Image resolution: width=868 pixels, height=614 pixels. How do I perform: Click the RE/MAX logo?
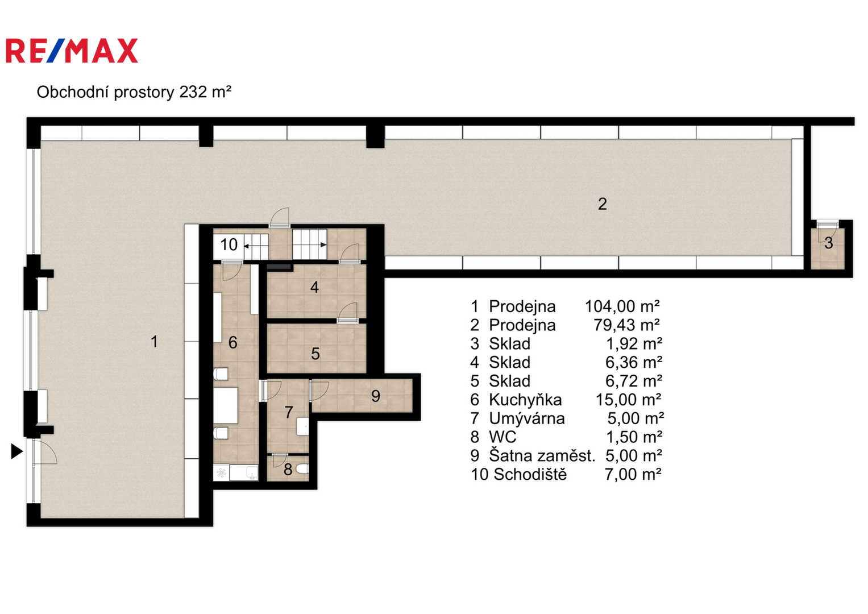click(72, 51)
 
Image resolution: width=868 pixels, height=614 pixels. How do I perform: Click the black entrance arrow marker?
click(16, 451)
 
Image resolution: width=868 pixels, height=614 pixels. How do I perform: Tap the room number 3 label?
click(828, 243)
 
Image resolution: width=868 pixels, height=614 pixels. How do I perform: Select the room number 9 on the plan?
click(376, 396)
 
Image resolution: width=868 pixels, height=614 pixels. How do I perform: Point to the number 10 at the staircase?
click(229, 244)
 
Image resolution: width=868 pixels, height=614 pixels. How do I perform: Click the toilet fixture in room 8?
click(302, 470)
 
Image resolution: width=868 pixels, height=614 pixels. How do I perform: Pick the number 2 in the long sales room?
click(602, 204)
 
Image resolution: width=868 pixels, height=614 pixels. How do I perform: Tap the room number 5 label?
click(315, 354)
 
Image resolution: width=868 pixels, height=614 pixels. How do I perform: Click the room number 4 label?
click(315, 287)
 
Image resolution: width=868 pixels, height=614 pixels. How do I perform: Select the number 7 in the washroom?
click(289, 412)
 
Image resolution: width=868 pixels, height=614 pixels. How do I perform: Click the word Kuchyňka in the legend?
click(525, 400)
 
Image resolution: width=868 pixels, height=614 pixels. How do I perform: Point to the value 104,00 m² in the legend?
click(622, 306)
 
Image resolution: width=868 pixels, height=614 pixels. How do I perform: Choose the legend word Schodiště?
click(530, 474)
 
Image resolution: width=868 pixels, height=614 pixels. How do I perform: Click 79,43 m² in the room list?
click(626, 325)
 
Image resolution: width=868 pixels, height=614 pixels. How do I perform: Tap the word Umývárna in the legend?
click(526, 418)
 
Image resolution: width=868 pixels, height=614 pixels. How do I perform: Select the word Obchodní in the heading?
click(73, 92)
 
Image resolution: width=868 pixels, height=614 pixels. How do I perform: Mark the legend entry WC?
click(502, 437)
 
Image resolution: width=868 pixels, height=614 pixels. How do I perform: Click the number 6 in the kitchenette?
click(232, 342)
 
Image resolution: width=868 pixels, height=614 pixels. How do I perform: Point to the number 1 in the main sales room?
click(154, 342)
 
